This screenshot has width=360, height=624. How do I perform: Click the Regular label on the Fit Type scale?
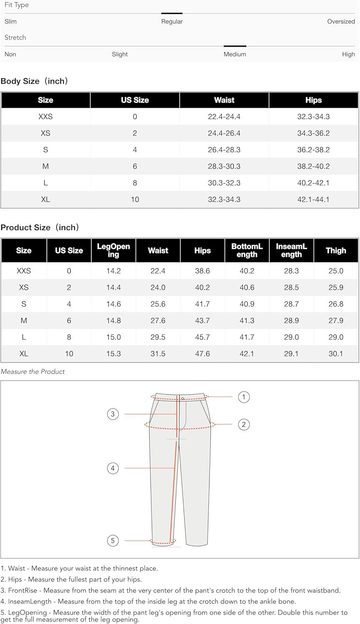[172, 22]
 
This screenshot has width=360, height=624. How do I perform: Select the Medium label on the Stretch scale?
[235, 54]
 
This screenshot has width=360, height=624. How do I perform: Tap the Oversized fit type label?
[341, 22]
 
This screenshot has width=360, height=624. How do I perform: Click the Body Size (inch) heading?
[34, 82]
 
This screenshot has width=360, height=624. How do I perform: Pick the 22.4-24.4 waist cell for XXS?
[224, 117]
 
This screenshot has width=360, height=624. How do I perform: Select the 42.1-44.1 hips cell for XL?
[313, 200]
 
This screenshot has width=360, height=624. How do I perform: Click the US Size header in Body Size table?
[135, 100]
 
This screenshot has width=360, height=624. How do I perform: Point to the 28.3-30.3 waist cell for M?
[224, 166]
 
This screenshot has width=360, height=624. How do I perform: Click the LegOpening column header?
[113, 250]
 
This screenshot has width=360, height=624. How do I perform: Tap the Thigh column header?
[336, 250]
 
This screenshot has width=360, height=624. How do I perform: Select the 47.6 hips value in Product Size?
[202, 354]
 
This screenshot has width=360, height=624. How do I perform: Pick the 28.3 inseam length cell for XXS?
[291, 271]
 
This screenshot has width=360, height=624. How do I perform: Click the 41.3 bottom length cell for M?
[247, 321]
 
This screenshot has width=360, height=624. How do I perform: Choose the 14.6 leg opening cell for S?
[113, 304]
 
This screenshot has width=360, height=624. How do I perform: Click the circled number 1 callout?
[244, 397]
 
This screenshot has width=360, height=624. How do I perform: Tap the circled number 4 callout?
[113, 468]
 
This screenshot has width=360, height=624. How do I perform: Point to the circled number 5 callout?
[113, 541]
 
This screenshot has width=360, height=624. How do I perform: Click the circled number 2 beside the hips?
[244, 425]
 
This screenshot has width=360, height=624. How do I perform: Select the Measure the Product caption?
[33, 372]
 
